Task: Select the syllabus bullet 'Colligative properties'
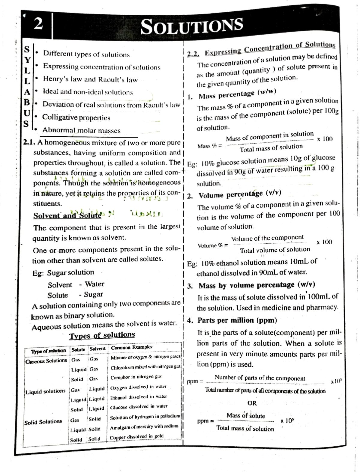pyautogui.click(x=76, y=117)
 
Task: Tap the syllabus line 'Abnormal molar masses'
pyautogui.click(x=81, y=130)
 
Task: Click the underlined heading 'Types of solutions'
pyautogui.click(x=102, y=335)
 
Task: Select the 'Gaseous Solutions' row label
pyautogui.click(x=46, y=361)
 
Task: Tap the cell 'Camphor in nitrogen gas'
pyautogui.click(x=136, y=377)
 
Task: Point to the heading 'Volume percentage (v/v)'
pyautogui.click(x=240, y=194)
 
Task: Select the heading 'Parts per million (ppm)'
pyautogui.click(x=237, y=320)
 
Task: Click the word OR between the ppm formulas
pyautogui.click(x=252, y=403)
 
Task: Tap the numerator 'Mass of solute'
pyautogui.click(x=246, y=416)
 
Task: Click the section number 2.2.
pyautogui.click(x=193, y=54)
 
